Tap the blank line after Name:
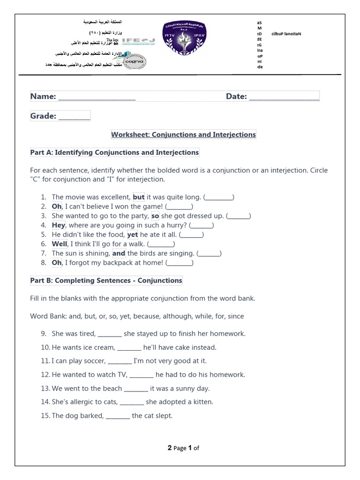tap(97, 97)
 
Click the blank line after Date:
tap(284, 97)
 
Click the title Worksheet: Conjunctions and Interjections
tap(183, 135)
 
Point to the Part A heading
tap(114, 152)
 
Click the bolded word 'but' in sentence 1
tap(139, 197)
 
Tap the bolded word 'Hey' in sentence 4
tap(58, 225)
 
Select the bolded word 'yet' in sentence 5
tap(133, 234)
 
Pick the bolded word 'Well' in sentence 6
tap(60, 244)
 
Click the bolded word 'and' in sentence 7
tap(119, 253)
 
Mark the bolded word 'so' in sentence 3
tap(155, 216)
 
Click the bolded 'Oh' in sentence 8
tap(57, 262)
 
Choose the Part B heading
tap(106, 280)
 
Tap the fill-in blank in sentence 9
tap(110, 335)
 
